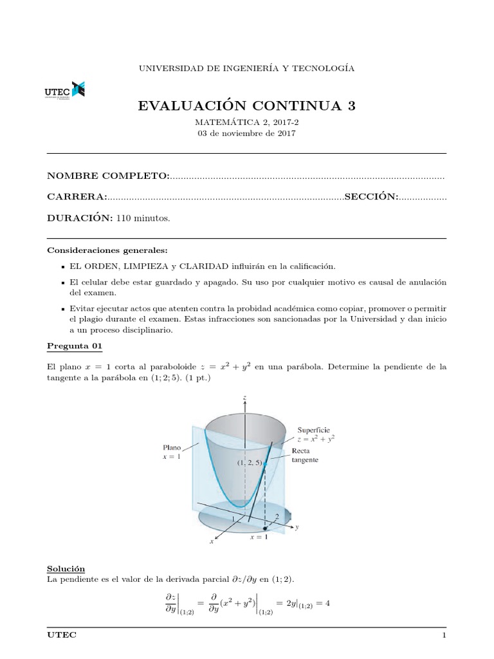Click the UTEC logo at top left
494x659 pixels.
[65, 91]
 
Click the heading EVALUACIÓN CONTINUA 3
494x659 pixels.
[246, 106]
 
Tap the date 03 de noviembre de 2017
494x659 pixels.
[246, 133]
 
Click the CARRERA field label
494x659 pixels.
[77, 197]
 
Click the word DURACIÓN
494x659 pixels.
[80, 218]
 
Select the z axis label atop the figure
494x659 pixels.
[245, 399]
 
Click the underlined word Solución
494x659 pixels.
[66, 569]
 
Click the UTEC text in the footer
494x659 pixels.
[62, 635]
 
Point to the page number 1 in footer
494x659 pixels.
[444, 635]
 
